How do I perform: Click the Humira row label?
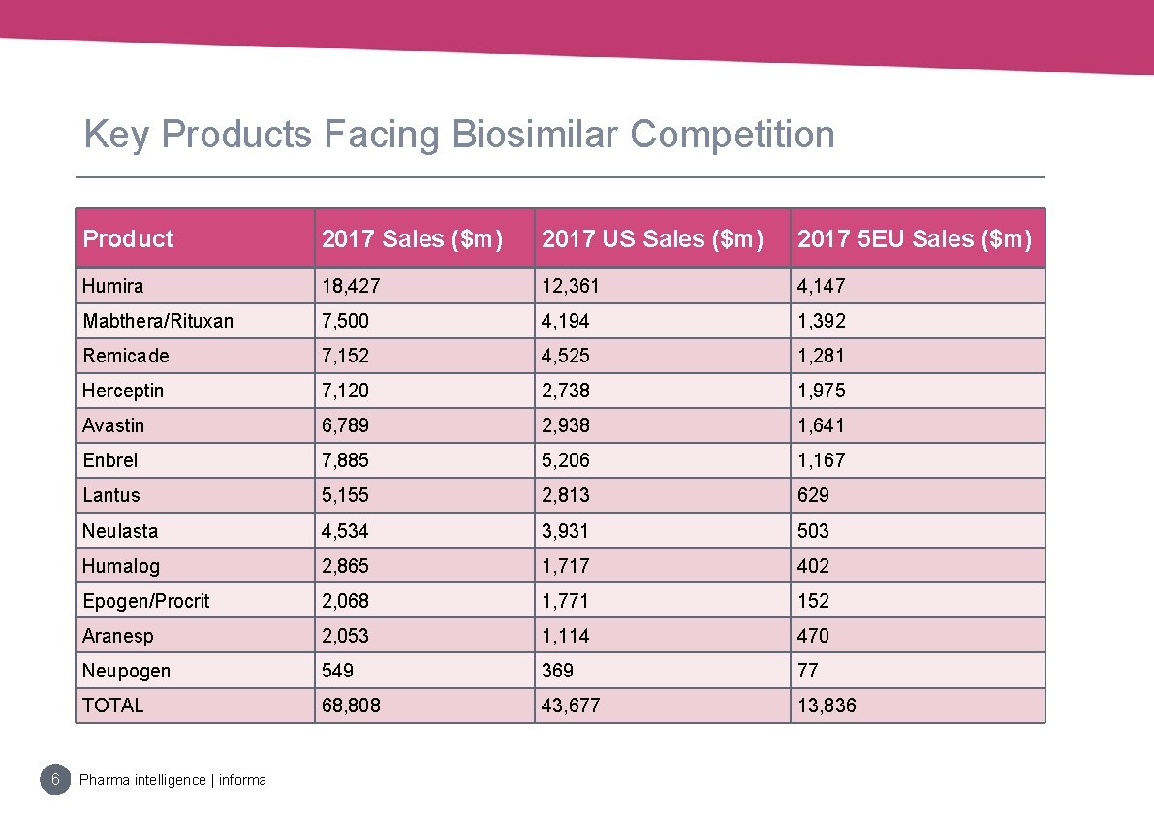pyautogui.click(x=112, y=286)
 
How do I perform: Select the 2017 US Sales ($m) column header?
pyautogui.click(x=653, y=238)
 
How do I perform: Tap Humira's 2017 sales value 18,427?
pyautogui.click(x=351, y=286)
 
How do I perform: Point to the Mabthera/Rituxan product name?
pyautogui.click(x=158, y=321)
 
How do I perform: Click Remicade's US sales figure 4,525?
pyautogui.click(x=565, y=356)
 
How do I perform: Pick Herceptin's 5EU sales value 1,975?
pyautogui.click(x=821, y=390)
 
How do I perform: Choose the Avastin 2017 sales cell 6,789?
pyautogui.click(x=345, y=425)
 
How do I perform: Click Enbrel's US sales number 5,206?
pyautogui.click(x=565, y=460)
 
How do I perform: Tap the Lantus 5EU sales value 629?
pyautogui.click(x=813, y=495)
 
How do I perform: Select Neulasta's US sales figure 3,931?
pyautogui.click(x=565, y=530)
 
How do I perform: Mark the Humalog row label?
pyautogui.click(x=121, y=566)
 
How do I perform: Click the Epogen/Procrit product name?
pyautogui.click(x=145, y=601)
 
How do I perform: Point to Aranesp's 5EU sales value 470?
pyautogui.click(x=813, y=635)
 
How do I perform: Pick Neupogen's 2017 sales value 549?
pyautogui.click(x=337, y=671)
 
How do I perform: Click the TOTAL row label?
pyautogui.click(x=112, y=705)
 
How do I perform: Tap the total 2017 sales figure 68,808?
pyautogui.click(x=351, y=705)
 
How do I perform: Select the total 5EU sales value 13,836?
pyautogui.click(x=827, y=705)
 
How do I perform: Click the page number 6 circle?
pyautogui.click(x=55, y=779)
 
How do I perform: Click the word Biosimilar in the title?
pyautogui.click(x=535, y=134)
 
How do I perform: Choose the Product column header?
pyautogui.click(x=128, y=238)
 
